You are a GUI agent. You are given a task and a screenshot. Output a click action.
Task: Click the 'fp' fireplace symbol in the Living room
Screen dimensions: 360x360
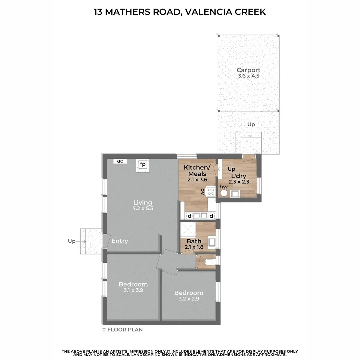(142, 164)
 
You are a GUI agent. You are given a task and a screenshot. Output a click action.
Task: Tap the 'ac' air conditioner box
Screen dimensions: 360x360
(120, 161)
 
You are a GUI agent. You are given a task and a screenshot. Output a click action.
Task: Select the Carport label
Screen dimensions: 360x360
(248, 70)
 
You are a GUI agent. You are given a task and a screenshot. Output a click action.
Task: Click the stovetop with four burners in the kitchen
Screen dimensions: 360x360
(211, 192)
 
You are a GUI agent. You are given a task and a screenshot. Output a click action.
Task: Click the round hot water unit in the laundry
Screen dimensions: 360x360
(223, 193)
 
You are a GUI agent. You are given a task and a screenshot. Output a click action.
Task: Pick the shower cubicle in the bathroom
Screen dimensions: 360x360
(187, 229)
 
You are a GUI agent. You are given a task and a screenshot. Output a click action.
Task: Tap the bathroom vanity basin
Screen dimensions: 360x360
(212, 242)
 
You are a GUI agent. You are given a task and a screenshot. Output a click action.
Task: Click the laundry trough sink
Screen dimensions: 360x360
(235, 193)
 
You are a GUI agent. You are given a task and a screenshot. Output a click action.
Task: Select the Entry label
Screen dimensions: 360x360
(120, 241)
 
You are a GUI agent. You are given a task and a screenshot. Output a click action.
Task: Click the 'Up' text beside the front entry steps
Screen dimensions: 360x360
(72, 241)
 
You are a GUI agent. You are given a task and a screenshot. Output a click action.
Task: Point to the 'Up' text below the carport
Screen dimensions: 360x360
(251, 124)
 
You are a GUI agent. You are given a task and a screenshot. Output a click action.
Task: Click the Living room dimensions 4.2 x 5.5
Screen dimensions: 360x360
(142, 208)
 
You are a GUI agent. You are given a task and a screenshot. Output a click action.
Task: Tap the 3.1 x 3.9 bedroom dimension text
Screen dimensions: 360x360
(133, 290)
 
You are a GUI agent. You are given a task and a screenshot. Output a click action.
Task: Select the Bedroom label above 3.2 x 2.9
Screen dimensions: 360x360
(189, 293)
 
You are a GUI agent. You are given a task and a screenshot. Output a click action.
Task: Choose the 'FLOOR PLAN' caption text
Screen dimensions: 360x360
(125, 329)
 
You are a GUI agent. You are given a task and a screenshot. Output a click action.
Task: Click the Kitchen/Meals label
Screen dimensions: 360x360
(197, 171)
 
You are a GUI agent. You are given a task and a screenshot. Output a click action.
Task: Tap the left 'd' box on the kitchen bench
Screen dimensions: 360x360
(189, 216)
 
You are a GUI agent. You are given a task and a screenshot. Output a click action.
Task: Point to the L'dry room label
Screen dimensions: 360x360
(238, 176)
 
